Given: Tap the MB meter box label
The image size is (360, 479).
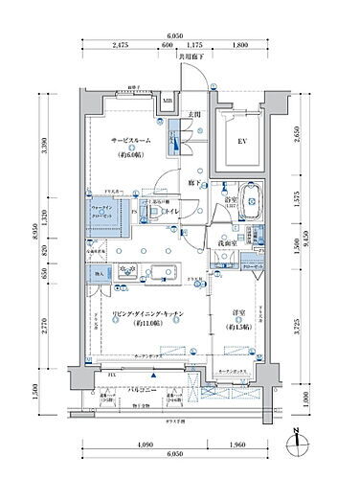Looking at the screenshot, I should pyautogui.click(x=167, y=101).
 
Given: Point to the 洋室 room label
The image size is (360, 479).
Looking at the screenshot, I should pyautogui.click(x=239, y=317).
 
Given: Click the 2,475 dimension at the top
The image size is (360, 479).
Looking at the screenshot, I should pyautogui.click(x=120, y=44).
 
